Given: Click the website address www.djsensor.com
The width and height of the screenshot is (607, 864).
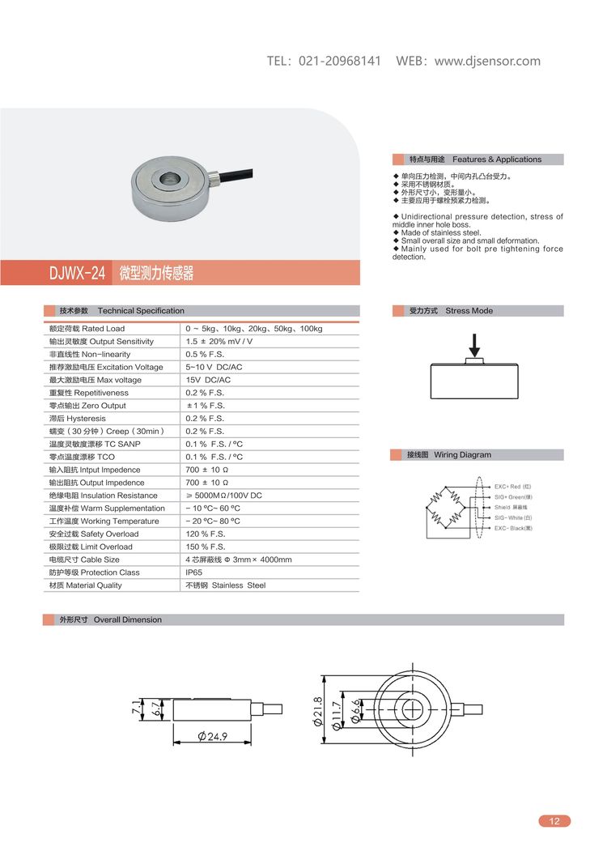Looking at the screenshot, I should tap(487, 62).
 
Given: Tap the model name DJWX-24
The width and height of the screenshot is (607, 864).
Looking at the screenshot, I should tap(78, 274).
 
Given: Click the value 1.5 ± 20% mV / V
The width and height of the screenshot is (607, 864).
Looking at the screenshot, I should tap(219, 342).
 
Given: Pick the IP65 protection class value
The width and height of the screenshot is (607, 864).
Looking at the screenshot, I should tap(194, 572).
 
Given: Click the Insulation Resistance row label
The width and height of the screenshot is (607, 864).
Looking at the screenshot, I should tap(103, 496).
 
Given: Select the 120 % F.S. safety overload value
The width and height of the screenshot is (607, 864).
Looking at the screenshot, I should tap(206, 534).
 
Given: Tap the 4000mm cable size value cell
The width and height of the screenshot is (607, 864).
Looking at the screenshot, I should tap(239, 560).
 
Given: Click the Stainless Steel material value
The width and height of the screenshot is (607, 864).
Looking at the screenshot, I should tap(226, 585).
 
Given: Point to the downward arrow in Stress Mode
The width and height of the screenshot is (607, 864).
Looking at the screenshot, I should tap(475, 343).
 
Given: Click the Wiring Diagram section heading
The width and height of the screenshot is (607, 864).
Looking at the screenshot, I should tap(461, 455).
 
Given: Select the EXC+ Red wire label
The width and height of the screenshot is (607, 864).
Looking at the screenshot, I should tap(513, 487).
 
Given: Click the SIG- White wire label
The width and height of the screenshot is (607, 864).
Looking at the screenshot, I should tap(513, 517).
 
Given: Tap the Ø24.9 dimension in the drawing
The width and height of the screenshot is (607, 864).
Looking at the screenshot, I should tap(212, 737).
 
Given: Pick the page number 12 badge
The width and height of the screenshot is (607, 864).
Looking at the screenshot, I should tap(554, 821).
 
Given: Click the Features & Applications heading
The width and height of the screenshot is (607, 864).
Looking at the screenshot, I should tap(497, 160).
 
